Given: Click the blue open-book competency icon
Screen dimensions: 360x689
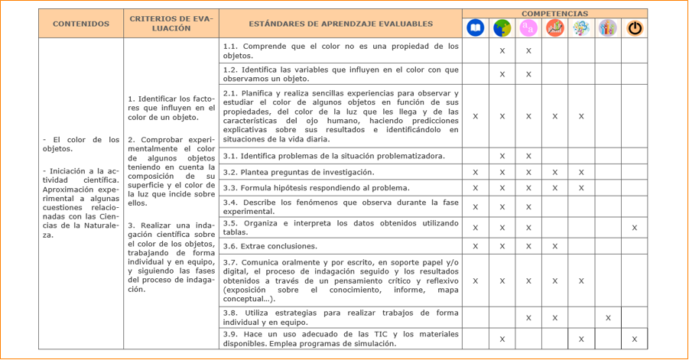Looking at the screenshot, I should pyautogui.click(x=475, y=28).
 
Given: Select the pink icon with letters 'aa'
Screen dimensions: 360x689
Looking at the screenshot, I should pyautogui.click(x=528, y=28).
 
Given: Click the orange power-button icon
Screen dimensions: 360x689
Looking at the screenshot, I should pyautogui.click(x=634, y=28).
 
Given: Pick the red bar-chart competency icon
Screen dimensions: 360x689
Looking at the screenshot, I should pyautogui.click(x=554, y=28).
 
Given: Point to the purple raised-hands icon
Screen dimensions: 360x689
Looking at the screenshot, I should pyautogui.click(x=608, y=28).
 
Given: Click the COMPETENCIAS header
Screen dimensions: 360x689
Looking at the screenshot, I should pyautogui.click(x=554, y=14).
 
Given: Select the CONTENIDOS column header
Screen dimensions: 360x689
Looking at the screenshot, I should pyautogui.click(x=81, y=24).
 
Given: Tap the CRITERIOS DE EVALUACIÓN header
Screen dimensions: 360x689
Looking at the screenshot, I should pyautogui.click(x=171, y=24).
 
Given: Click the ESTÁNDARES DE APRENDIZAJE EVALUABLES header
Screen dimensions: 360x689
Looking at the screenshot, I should pyautogui.click(x=340, y=24).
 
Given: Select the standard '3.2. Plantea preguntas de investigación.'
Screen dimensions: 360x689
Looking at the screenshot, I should pyautogui.click(x=298, y=172).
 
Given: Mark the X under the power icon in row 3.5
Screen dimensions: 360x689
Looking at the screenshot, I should pyautogui.click(x=634, y=228).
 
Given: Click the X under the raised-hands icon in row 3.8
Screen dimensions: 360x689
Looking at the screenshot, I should pyautogui.click(x=608, y=317).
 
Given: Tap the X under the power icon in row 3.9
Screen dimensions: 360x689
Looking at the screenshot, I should pyautogui.click(x=634, y=339).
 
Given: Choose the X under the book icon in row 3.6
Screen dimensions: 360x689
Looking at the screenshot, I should pyautogui.click(x=475, y=246).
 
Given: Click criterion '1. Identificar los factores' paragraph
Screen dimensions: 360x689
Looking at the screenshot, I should pyautogui.click(x=171, y=108).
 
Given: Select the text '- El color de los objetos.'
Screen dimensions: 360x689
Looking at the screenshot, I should pyautogui.click(x=81, y=144).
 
